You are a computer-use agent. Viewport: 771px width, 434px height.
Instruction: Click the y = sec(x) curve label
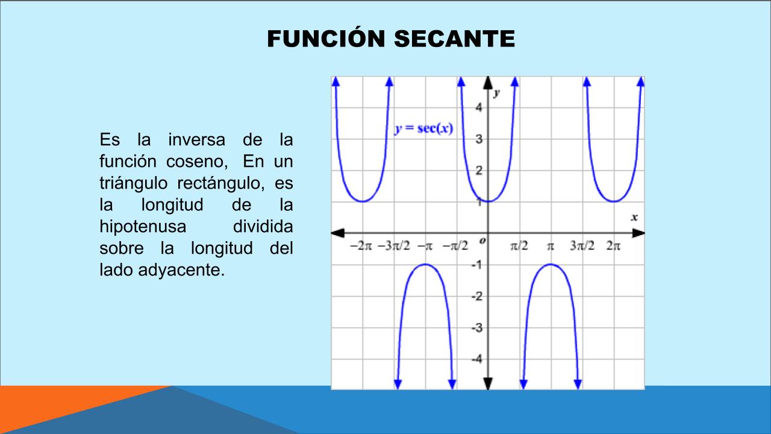click(x=423, y=128)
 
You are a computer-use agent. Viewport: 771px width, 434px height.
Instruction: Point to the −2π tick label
click(x=361, y=246)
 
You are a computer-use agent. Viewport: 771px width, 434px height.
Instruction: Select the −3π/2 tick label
click(x=394, y=246)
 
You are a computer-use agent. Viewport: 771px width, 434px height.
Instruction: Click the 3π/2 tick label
click(x=582, y=246)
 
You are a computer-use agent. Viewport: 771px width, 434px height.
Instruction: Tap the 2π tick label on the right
click(x=613, y=246)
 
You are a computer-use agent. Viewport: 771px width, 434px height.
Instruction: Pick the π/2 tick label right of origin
click(x=519, y=246)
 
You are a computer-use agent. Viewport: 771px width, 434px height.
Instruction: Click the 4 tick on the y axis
click(x=479, y=107)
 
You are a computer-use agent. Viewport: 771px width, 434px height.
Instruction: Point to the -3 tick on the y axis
click(x=477, y=327)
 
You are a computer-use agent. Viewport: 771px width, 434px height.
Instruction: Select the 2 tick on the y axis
click(x=479, y=170)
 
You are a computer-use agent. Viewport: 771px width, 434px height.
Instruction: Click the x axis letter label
click(x=634, y=218)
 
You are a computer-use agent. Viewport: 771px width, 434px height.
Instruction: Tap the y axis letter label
click(x=496, y=93)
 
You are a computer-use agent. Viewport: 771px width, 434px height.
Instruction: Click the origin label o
click(x=482, y=241)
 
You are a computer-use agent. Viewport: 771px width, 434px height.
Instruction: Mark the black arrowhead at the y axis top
click(x=488, y=83)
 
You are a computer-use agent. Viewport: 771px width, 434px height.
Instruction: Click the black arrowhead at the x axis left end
click(x=338, y=233)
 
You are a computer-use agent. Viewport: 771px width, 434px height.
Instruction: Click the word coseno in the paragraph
click(x=197, y=162)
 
